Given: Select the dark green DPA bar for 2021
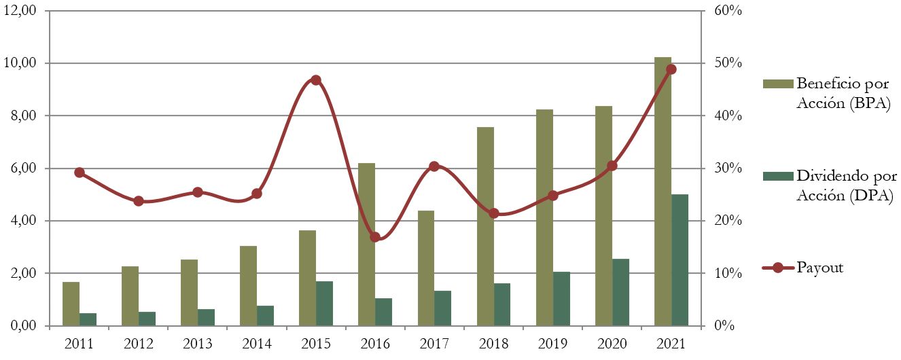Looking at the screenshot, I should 679,260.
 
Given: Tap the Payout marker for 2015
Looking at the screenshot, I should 316,80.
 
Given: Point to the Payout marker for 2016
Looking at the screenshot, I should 375,237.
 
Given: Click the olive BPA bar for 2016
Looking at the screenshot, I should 366,245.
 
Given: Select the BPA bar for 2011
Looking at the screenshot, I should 71,304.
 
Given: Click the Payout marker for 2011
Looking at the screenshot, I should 79,173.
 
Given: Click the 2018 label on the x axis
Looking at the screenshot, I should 493,344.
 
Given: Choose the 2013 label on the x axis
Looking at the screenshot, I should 198,344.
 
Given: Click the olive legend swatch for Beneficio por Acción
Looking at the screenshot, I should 777,84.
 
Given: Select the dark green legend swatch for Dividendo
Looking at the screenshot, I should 777,176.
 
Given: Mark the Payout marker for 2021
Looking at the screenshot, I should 671,69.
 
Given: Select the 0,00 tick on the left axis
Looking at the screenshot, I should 27,326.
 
